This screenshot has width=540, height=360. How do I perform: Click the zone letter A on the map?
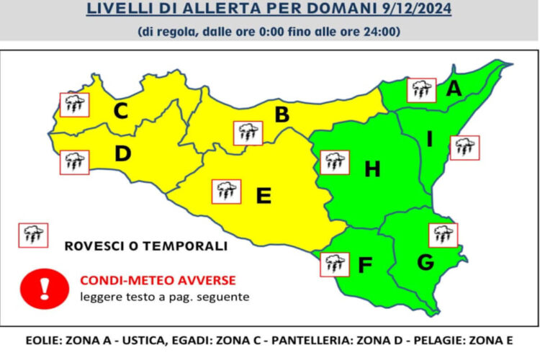pyautogui.click(x=454, y=89)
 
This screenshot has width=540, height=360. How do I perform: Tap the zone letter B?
pyautogui.click(x=282, y=114)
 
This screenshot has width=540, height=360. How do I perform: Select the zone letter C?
pyautogui.click(x=121, y=111)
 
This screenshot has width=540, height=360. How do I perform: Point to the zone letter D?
pyautogui.click(x=122, y=153)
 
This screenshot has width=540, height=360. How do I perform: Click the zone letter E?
pyautogui.click(x=264, y=195)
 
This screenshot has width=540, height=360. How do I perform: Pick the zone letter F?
pyautogui.click(x=365, y=266)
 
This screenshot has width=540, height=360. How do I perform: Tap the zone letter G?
pyautogui.click(x=426, y=263)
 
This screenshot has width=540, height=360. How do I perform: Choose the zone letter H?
pyautogui.click(x=372, y=169)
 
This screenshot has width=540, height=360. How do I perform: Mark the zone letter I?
pyautogui.click(x=429, y=139)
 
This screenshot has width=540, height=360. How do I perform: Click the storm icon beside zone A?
pyautogui.click(x=421, y=90)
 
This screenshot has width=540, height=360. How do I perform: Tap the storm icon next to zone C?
pyautogui.click(x=74, y=104)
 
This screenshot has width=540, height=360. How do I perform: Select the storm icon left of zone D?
pyautogui.click(x=74, y=162)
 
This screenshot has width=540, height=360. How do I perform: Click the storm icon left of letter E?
pyautogui.click(x=227, y=191)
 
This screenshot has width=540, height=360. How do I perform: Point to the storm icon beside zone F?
pyautogui.click(x=335, y=264)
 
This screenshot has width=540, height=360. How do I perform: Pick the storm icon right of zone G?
pyautogui.click(x=443, y=235)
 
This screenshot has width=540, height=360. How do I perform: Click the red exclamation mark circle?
pyautogui.click(x=44, y=287)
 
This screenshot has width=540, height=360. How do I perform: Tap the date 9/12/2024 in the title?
pyautogui.click(x=410, y=10)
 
